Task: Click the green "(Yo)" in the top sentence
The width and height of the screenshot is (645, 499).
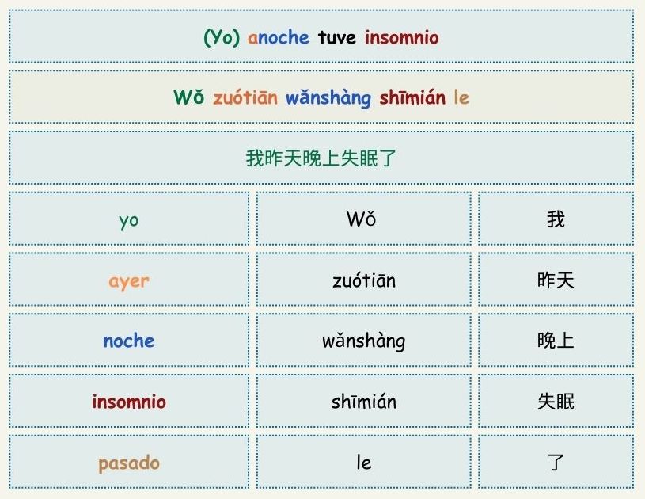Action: (x=222, y=38)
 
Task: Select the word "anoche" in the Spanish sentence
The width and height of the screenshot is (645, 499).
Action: (x=278, y=38)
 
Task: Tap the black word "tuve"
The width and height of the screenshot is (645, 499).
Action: (x=337, y=38)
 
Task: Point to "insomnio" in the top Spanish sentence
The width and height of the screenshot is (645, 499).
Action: (x=401, y=37)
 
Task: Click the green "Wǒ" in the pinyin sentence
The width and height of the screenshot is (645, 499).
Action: (x=189, y=97)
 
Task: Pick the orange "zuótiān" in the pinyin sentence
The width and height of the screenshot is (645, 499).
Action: (x=245, y=97)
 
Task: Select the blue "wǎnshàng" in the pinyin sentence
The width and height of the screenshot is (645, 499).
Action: (x=328, y=98)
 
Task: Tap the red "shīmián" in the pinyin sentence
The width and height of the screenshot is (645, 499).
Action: (x=412, y=97)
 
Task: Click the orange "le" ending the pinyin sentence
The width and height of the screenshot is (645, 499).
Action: (x=461, y=97)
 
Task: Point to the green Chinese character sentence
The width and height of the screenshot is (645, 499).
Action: (x=321, y=158)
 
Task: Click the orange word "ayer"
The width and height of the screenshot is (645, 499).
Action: (x=129, y=282)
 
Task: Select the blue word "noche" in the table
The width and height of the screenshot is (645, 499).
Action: (x=129, y=341)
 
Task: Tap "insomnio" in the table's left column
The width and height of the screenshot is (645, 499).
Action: (x=129, y=402)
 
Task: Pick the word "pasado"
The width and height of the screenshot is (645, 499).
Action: (x=129, y=463)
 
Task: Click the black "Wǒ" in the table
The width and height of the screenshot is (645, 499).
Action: (x=361, y=219)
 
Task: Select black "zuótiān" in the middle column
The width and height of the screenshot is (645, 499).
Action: (x=364, y=280)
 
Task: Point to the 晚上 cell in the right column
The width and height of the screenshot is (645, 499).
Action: (x=556, y=341)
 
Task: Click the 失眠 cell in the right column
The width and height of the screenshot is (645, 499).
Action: (x=556, y=402)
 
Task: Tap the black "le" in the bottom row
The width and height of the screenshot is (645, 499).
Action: (x=364, y=462)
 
